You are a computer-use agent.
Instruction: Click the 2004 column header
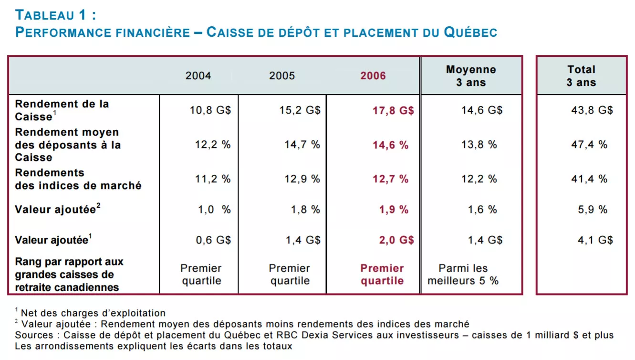(x=198, y=76)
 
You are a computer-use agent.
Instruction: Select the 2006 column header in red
(x=373, y=76)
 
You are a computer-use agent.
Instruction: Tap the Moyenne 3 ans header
(x=471, y=76)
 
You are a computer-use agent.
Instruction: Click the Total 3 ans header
(x=581, y=76)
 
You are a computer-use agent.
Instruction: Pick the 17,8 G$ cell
(x=393, y=110)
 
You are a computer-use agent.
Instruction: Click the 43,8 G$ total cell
(x=592, y=110)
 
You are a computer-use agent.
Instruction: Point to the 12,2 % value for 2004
(x=213, y=145)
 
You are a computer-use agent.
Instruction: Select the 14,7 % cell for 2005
(x=302, y=145)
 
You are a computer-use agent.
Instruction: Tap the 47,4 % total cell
(x=589, y=145)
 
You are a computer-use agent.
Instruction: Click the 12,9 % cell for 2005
(x=302, y=179)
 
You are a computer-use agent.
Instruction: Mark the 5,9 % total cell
(x=593, y=210)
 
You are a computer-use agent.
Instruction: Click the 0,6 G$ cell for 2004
(x=213, y=240)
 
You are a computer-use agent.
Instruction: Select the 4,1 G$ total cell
(x=595, y=240)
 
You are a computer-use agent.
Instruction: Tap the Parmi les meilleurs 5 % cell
(x=463, y=275)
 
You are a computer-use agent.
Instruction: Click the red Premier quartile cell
(x=382, y=275)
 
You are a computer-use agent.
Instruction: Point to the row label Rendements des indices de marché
(x=78, y=179)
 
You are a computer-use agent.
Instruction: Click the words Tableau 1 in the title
(x=51, y=15)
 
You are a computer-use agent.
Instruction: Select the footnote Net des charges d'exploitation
(x=93, y=313)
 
